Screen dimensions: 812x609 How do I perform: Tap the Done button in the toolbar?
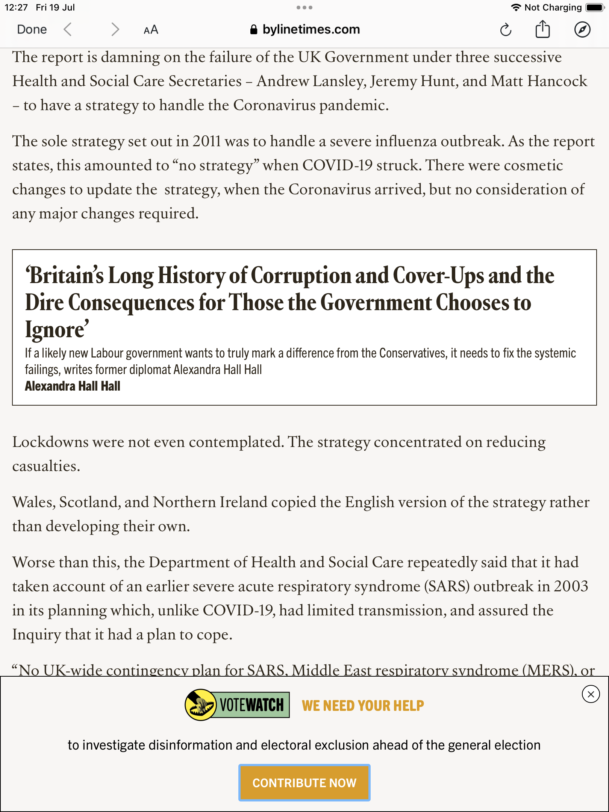pos(32,29)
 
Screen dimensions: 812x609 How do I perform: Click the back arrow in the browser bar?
pos(68,29)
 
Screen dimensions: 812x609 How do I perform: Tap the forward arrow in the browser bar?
pos(115,29)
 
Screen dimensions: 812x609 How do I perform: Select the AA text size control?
pos(151,30)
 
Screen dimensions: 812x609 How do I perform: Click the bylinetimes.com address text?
pos(311,29)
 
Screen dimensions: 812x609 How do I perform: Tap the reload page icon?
pos(506,30)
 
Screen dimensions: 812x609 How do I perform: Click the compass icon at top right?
pos(582,30)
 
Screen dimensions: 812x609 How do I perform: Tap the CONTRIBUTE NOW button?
pos(304,783)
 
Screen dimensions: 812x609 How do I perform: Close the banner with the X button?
pos(591,694)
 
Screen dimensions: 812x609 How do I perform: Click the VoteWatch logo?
pos(237,705)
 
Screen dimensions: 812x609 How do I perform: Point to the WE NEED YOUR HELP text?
pos(363,706)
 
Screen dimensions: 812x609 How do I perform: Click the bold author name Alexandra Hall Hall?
pos(73,386)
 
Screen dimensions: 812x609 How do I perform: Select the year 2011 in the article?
pos(206,141)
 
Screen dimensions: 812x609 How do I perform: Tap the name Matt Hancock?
pos(539,81)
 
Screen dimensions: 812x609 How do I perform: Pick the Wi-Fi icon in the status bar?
pos(516,8)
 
